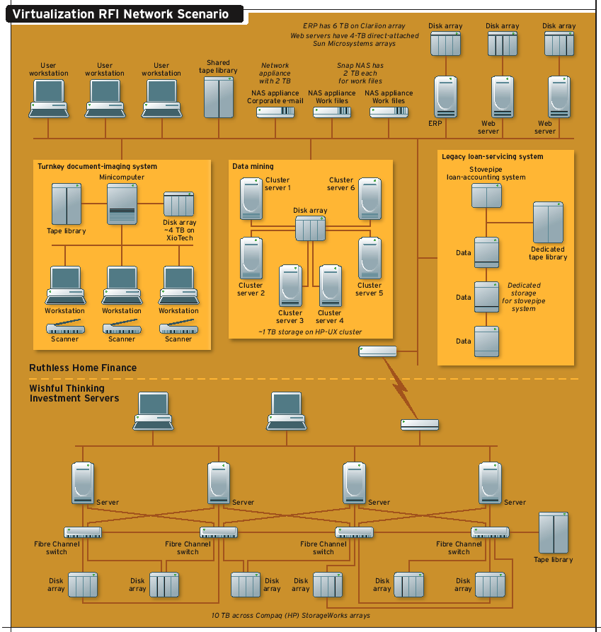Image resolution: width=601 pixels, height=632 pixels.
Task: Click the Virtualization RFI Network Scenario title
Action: [x=120, y=13]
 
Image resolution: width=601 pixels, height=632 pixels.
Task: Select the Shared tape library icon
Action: [x=219, y=98]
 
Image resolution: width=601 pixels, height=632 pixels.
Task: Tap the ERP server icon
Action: [x=446, y=97]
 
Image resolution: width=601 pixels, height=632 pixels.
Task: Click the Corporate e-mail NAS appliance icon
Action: [x=275, y=112]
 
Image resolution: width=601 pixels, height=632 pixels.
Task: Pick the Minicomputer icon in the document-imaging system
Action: [x=121, y=204]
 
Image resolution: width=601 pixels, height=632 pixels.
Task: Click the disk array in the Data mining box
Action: [x=310, y=229]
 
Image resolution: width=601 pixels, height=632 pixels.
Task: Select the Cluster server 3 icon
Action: [x=290, y=285]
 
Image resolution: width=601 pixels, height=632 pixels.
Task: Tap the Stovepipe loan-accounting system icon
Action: [x=487, y=195]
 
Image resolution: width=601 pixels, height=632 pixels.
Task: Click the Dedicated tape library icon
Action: [x=548, y=223]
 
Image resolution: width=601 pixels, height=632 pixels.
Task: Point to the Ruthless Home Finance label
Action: [x=83, y=368]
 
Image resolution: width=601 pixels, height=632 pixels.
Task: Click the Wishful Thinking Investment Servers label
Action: [x=74, y=393]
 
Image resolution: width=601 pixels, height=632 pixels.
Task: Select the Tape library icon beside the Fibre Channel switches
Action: [x=554, y=533]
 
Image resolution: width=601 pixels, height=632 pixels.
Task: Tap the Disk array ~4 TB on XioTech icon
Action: [x=178, y=204]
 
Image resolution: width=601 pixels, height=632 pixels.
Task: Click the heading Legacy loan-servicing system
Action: [x=492, y=156]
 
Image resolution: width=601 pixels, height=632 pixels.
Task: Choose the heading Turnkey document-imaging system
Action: [x=98, y=167]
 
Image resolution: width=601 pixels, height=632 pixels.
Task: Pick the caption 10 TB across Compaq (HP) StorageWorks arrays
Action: [x=291, y=616]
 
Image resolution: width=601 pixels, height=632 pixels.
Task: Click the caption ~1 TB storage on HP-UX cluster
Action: [x=310, y=332]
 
